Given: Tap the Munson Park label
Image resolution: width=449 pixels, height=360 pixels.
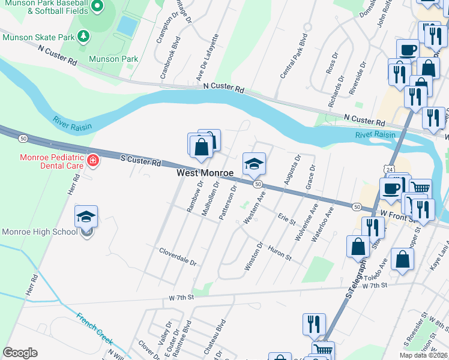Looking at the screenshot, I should [113, 59].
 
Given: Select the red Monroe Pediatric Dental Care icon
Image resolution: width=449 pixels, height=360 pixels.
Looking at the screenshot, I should [92, 160].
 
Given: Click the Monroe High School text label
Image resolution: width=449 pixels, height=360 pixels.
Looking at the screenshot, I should [39, 232].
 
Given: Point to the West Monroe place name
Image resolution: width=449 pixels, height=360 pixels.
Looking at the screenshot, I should [205, 173].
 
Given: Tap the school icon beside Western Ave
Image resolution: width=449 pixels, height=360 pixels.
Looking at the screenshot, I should [254, 163].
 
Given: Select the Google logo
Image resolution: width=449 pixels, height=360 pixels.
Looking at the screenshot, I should [20, 353].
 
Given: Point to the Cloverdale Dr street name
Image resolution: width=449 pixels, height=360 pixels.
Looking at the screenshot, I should [177, 256].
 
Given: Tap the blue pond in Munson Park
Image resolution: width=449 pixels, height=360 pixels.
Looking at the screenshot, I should [126, 25].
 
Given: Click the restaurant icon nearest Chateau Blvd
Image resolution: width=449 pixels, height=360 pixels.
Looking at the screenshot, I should [314, 325].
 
